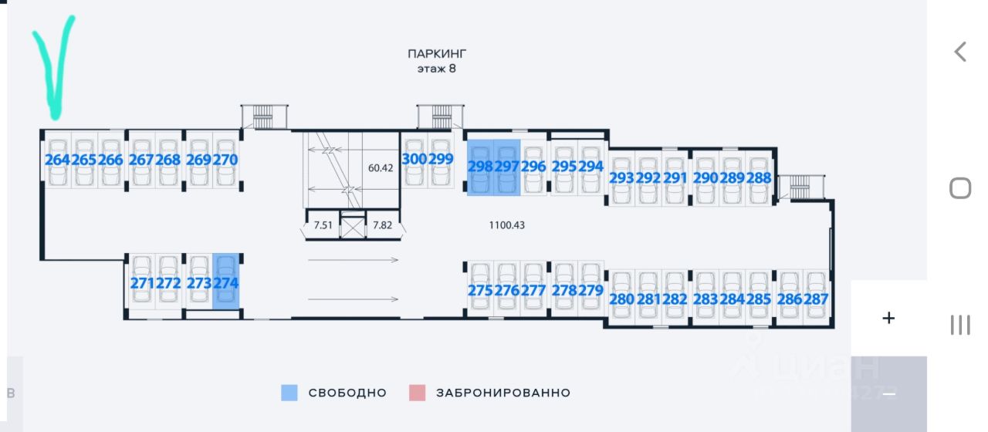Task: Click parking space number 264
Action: tap(57, 160)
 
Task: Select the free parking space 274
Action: tap(226, 283)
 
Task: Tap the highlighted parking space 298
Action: tap(480, 167)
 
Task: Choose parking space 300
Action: tap(414, 160)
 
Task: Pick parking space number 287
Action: tap(816, 299)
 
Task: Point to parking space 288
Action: tap(759, 177)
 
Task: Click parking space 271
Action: tap(142, 283)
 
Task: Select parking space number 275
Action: tap(480, 291)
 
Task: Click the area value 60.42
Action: tap(381, 167)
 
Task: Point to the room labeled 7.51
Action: tap(323, 225)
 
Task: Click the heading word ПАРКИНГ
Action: tap(438, 54)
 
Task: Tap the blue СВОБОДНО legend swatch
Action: tap(289, 393)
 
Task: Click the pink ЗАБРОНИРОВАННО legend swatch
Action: tap(417, 393)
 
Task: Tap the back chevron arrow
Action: tap(960, 52)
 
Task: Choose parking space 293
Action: tap(622, 177)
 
